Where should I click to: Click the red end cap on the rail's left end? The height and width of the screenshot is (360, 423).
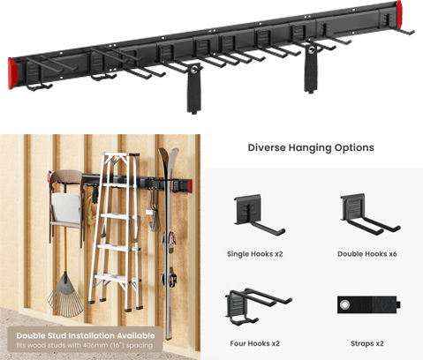(x=12, y=73)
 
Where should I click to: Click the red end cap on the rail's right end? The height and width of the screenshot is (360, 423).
(x=399, y=12)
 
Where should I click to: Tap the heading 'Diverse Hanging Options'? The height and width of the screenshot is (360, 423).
(x=311, y=147)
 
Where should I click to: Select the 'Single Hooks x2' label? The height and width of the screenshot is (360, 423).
(x=255, y=254)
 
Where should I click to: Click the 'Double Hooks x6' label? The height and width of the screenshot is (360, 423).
(x=367, y=254)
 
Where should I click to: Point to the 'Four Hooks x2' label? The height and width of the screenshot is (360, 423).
(x=255, y=343)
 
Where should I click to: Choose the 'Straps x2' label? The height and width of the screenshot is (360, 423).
(x=367, y=343)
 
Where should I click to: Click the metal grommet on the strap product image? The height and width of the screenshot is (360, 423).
(x=344, y=305)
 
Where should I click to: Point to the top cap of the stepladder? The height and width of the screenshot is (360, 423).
(x=120, y=154)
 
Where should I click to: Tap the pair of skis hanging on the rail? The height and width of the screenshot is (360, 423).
(x=169, y=241)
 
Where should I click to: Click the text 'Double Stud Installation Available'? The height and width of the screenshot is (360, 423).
(x=86, y=335)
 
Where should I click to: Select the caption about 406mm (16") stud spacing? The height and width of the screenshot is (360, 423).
(x=85, y=345)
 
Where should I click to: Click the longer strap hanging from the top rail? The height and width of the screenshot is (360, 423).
(x=194, y=88)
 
